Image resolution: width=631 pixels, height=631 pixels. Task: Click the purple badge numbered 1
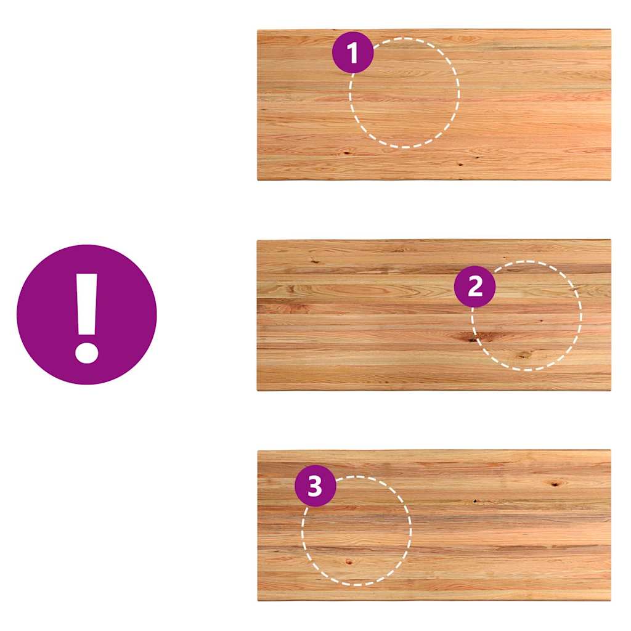click(353, 52)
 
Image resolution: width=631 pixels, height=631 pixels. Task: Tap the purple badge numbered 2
click(475, 287)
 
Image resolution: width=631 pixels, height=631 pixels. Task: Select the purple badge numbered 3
click(315, 486)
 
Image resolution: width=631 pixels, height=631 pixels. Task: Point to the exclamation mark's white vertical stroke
click(87, 304)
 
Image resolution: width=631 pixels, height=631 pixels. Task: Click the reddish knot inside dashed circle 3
click(349, 562)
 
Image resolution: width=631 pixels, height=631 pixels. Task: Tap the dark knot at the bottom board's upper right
click(555, 484)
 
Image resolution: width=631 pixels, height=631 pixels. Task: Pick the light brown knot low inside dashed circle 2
click(524, 355)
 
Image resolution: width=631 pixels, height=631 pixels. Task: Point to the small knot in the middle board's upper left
click(315, 261)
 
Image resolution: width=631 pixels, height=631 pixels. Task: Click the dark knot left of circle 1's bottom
click(346, 152)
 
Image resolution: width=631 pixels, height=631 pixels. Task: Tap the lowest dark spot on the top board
click(460, 164)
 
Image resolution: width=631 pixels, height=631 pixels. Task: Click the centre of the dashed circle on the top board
click(404, 93)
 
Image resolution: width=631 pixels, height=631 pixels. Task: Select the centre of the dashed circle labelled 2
click(527, 316)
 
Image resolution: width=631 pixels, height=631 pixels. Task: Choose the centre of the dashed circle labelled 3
click(357, 531)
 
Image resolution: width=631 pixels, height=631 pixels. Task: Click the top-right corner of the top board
click(611, 29)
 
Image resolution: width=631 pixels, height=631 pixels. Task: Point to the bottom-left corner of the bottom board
click(258, 601)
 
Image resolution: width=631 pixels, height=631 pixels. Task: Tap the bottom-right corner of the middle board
click(611, 390)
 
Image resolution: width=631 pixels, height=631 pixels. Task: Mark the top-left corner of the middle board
click(258, 240)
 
